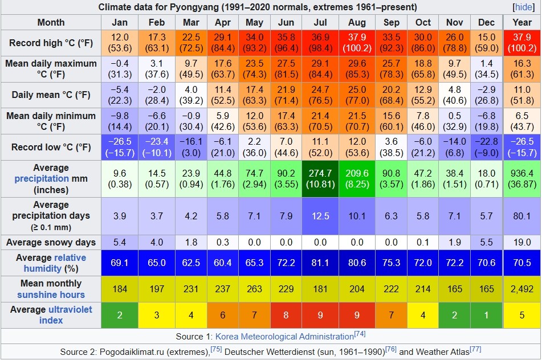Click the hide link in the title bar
[x=524, y=7]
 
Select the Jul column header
[x=320, y=22]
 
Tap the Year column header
[x=522, y=22]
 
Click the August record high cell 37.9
[x=357, y=43]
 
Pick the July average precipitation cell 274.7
[x=320, y=179]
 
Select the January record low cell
[x=120, y=147]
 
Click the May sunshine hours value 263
[x=254, y=289]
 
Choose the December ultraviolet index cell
[x=486, y=315]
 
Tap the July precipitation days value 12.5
[x=320, y=216]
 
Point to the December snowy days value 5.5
[x=486, y=243]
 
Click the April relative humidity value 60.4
[x=223, y=263]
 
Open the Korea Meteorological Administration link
[x=284, y=337]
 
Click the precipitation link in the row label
[x=42, y=179]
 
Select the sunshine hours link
[x=51, y=294]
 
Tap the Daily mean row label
[x=51, y=95]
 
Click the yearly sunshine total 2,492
[x=522, y=289]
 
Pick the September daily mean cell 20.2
[x=391, y=95]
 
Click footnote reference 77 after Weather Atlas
[x=476, y=349]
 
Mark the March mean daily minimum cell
[x=191, y=121]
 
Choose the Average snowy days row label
[x=51, y=243]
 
